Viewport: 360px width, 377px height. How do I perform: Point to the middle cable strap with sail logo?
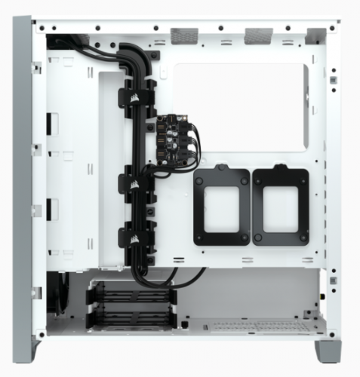coord(130,182)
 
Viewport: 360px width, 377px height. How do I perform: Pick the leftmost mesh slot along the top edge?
coord(183,34)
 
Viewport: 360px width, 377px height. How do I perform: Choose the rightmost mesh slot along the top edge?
coord(315,34)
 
